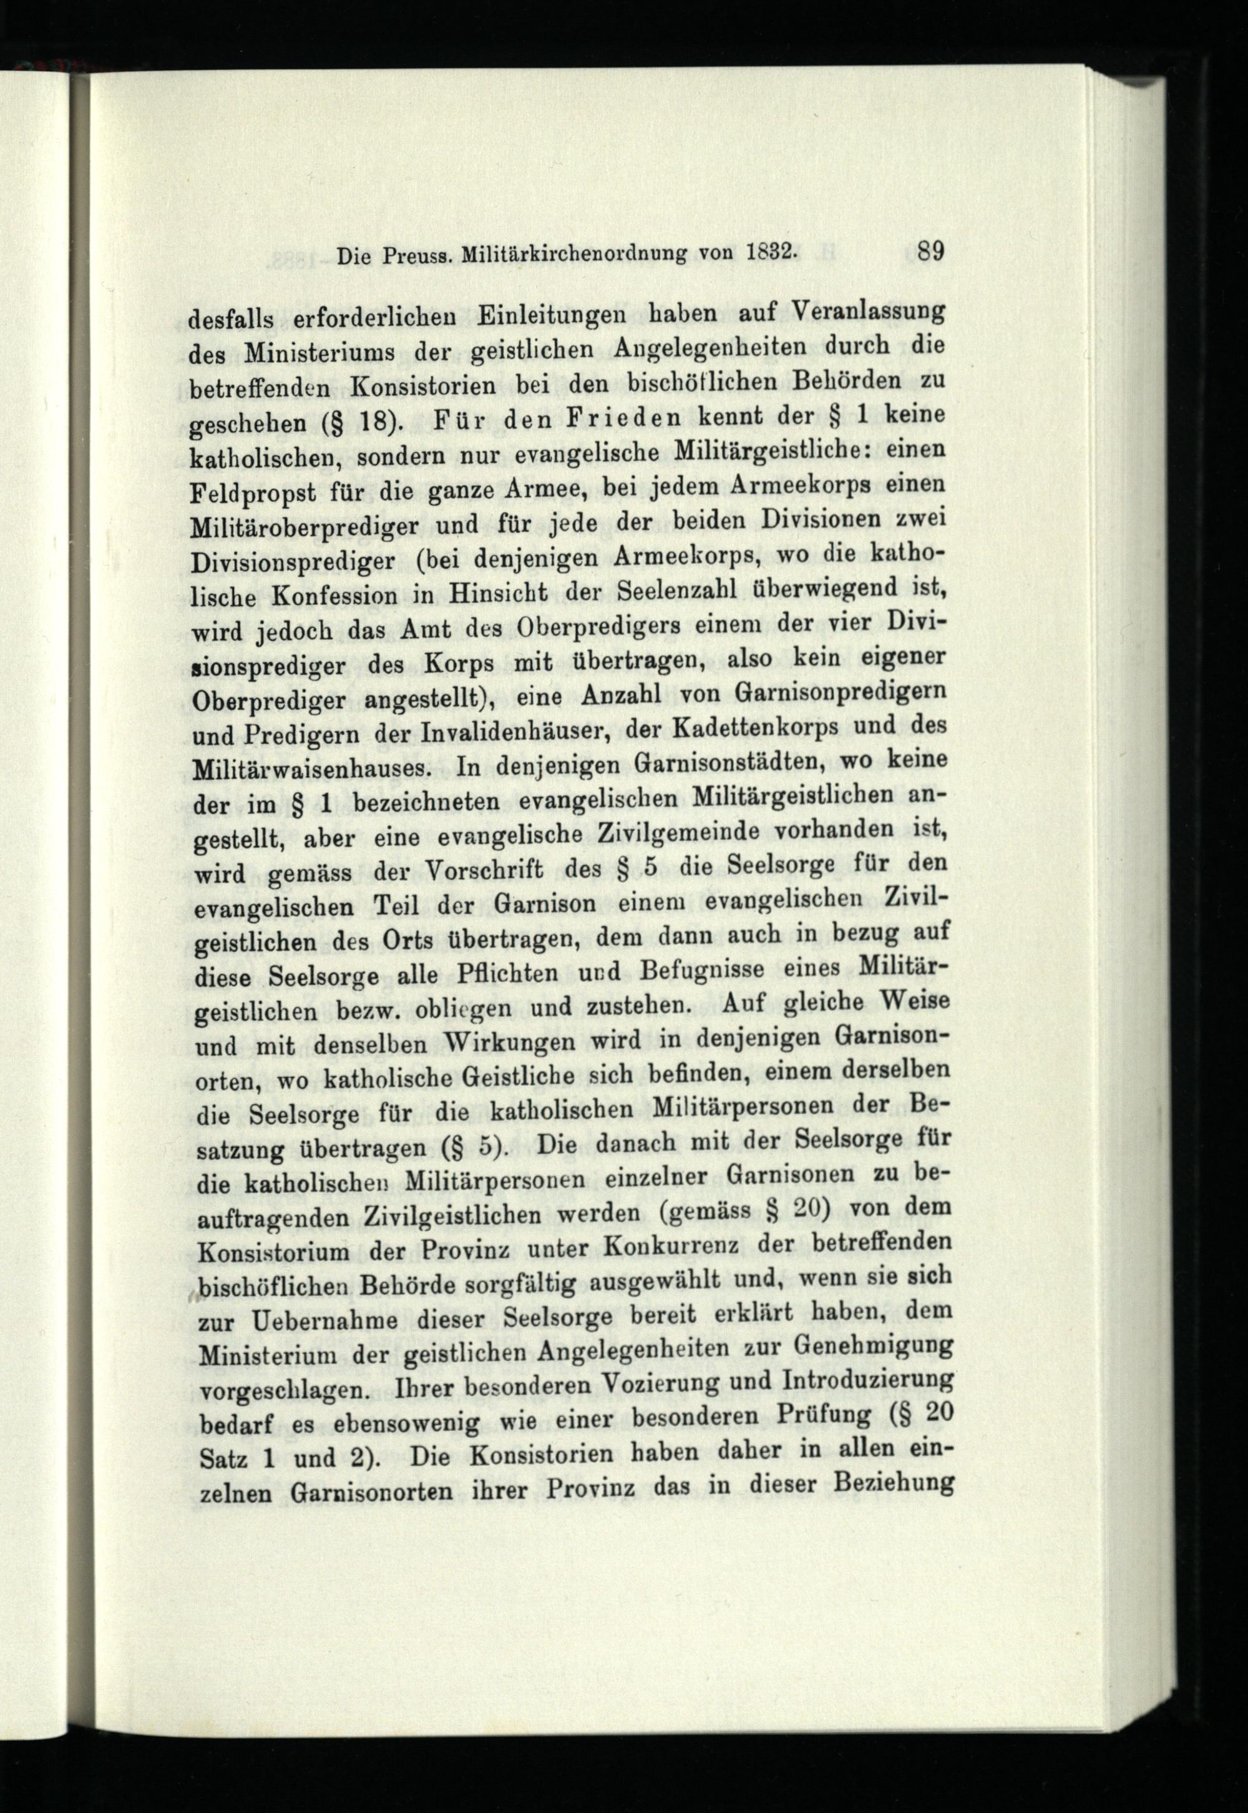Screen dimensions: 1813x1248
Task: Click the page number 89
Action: [x=931, y=253]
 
